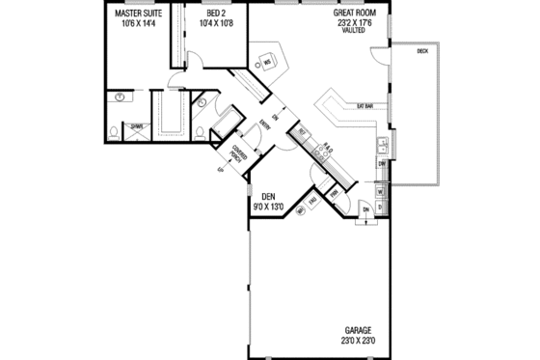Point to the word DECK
click(x=422, y=50)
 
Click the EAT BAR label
click(x=365, y=104)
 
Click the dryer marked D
click(x=379, y=206)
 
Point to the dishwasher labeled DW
click(x=382, y=164)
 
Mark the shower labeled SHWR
click(x=137, y=125)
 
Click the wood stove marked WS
click(x=267, y=63)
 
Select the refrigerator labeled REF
click(x=302, y=131)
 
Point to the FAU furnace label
click(x=314, y=201)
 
